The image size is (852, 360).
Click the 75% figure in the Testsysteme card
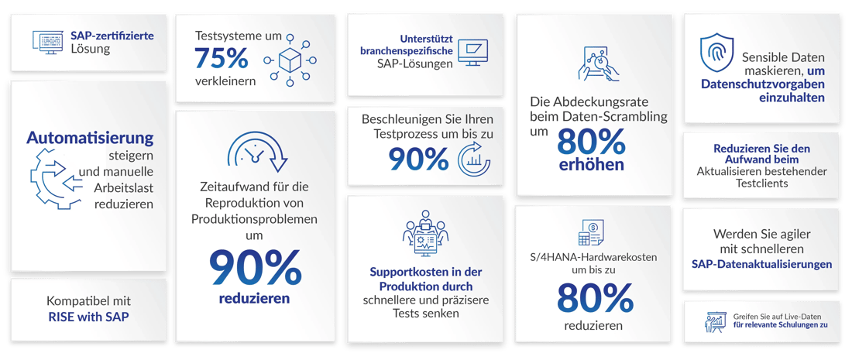tap(221, 58)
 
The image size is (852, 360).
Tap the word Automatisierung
tap(90, 138)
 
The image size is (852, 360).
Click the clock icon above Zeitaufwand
tap(255, 151)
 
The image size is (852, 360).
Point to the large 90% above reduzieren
tap(255, 267)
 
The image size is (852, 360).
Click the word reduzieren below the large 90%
tap(255, 298)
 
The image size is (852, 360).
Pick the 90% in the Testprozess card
tap(418, 159)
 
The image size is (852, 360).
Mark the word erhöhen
tap(591, 165)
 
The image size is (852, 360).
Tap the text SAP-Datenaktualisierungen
tap(761, 264)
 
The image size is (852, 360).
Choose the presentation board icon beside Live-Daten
tap(713, 321)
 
